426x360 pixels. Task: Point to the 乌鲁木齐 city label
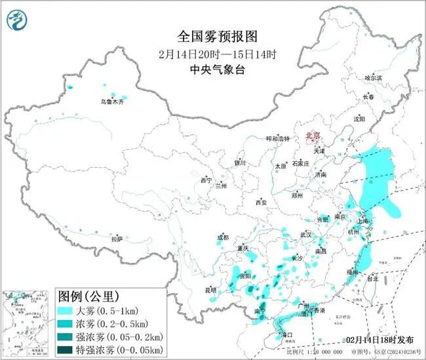111,102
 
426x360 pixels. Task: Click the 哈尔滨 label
372,77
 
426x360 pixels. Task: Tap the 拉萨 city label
117,239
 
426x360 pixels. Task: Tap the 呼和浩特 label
277,138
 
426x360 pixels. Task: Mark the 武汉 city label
306,234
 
